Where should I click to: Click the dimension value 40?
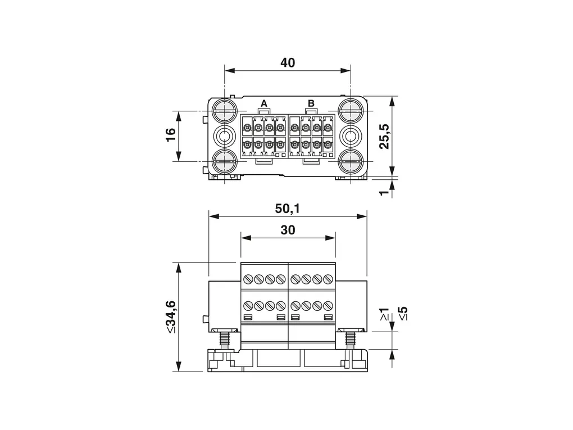[288, 63]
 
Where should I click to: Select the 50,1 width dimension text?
[287, 209]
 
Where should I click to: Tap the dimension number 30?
[288, 230]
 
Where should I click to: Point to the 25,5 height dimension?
[384, 136]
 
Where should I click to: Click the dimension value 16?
[171, 134]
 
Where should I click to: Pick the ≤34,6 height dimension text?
[170, 316]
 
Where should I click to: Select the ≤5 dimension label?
[403, 314]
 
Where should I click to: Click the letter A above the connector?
[263, 103]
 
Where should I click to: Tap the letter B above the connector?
[311, 103]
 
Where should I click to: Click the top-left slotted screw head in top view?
[224, 110]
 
